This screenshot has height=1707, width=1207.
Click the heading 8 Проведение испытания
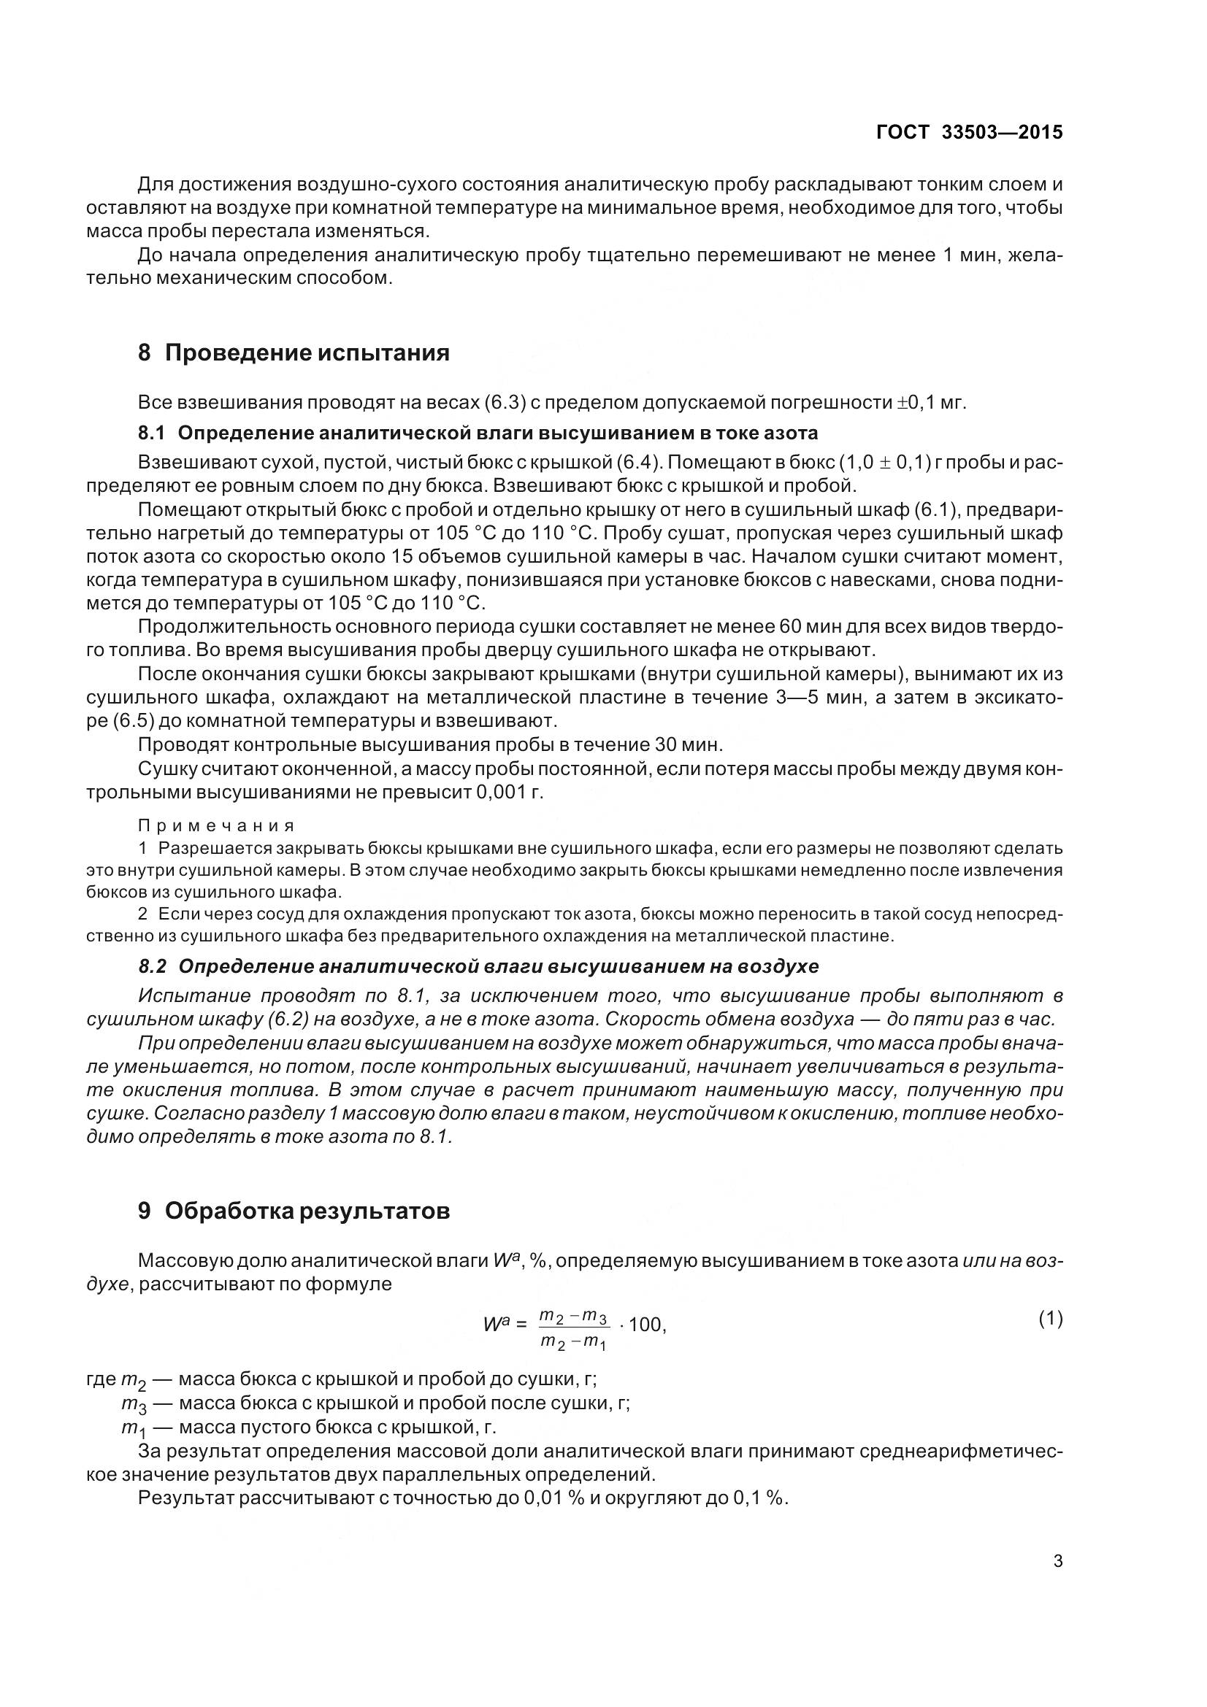click(x=293, y=352)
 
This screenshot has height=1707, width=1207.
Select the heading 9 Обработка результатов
click(x=293, y=1211)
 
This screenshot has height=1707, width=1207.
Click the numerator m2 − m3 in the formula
click(x=573, y=1317)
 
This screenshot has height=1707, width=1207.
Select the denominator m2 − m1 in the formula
click(x=573, y=1341)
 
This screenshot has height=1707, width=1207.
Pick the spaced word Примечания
click(x=217, y=825)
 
